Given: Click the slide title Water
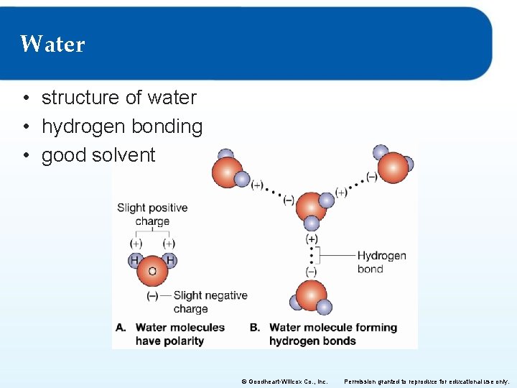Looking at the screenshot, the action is (x=52, y=45).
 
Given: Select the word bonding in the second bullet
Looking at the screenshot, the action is (x=172, y=126).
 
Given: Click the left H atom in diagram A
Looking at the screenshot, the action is (x=135, y=260).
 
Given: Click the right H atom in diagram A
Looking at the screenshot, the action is (x=169, y=260).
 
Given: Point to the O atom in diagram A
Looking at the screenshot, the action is (x=152, y=272).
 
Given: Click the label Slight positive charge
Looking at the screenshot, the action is (x=152, y=214).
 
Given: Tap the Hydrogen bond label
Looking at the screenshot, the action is (x=381, y=262).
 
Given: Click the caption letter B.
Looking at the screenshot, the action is (x=255, y=328).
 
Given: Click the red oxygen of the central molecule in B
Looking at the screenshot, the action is (x=310, y=205).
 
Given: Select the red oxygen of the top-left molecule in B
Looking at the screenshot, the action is (x=227, y=172).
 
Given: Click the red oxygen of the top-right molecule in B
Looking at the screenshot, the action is (x=393, y=167).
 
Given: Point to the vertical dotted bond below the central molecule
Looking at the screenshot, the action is (x=312, y=256).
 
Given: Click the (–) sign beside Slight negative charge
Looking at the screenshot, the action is (x=152, y=295).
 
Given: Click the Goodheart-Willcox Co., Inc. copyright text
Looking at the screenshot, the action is (x=284, y=382).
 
